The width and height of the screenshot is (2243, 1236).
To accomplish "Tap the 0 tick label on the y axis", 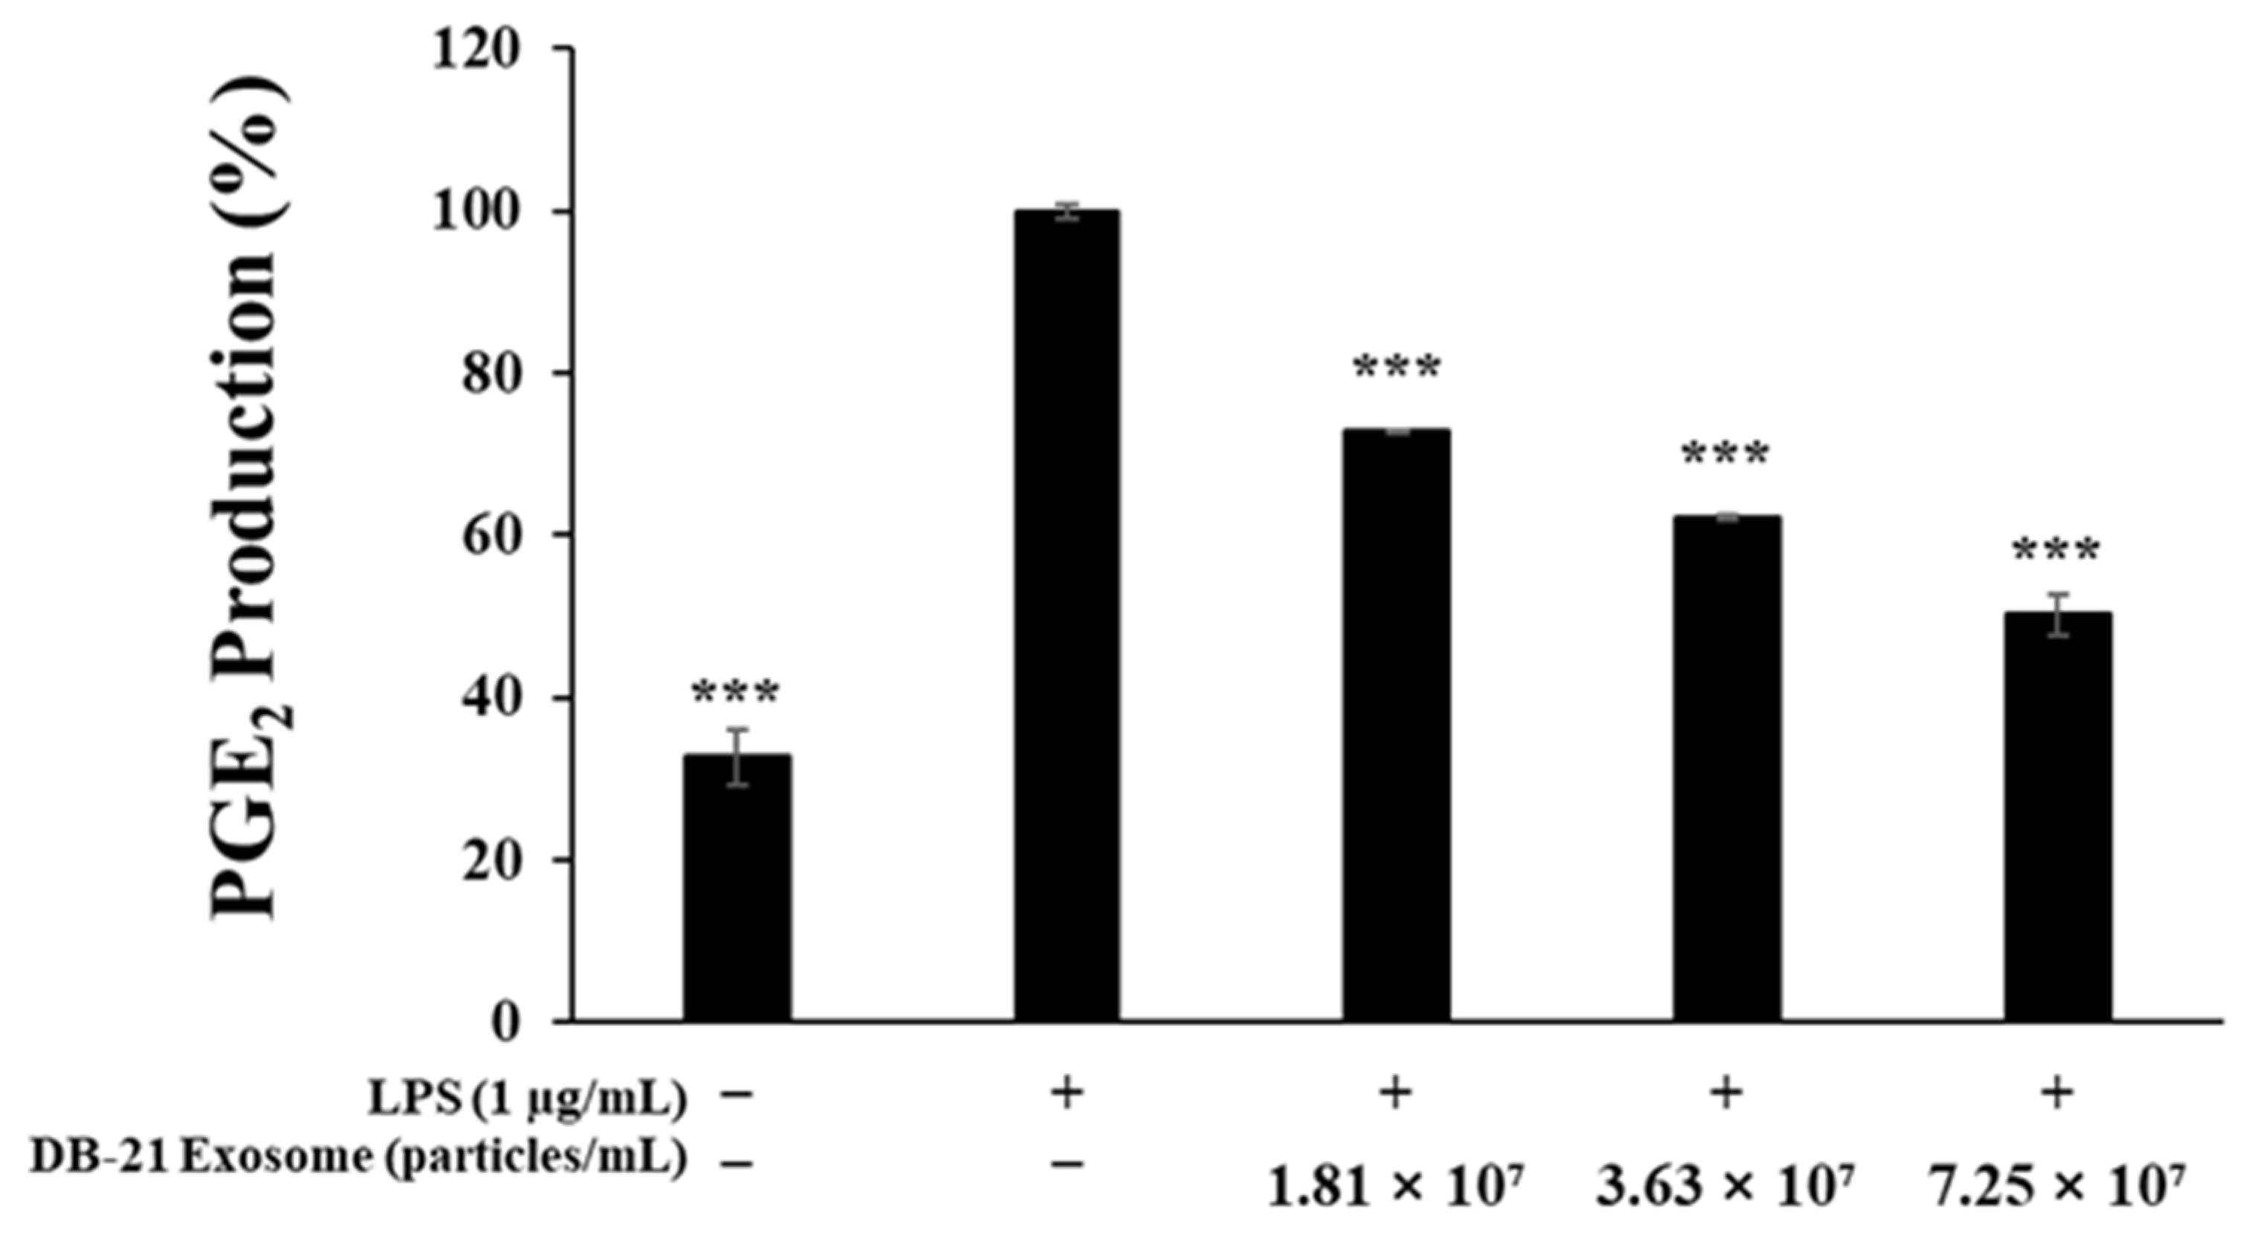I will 505,1022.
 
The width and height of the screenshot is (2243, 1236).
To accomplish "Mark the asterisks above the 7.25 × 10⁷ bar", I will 2056,551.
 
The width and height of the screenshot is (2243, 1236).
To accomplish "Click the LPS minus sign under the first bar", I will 737,1095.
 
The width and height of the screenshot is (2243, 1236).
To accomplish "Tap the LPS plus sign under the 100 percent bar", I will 1066,1094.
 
